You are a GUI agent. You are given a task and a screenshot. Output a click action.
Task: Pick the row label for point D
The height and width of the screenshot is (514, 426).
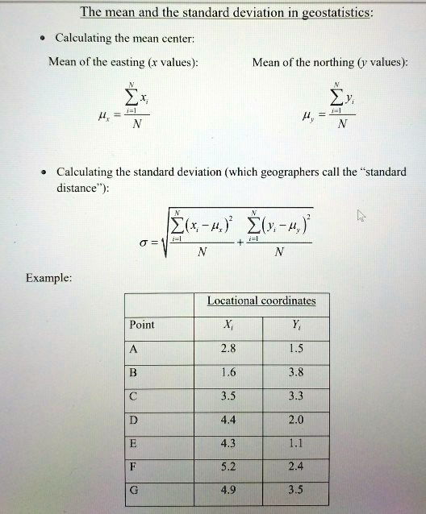point(134,419)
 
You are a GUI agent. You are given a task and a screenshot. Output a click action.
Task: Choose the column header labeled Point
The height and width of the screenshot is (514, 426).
point(142,325)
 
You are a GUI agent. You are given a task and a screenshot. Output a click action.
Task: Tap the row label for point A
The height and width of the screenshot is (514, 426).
point(134,349)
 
